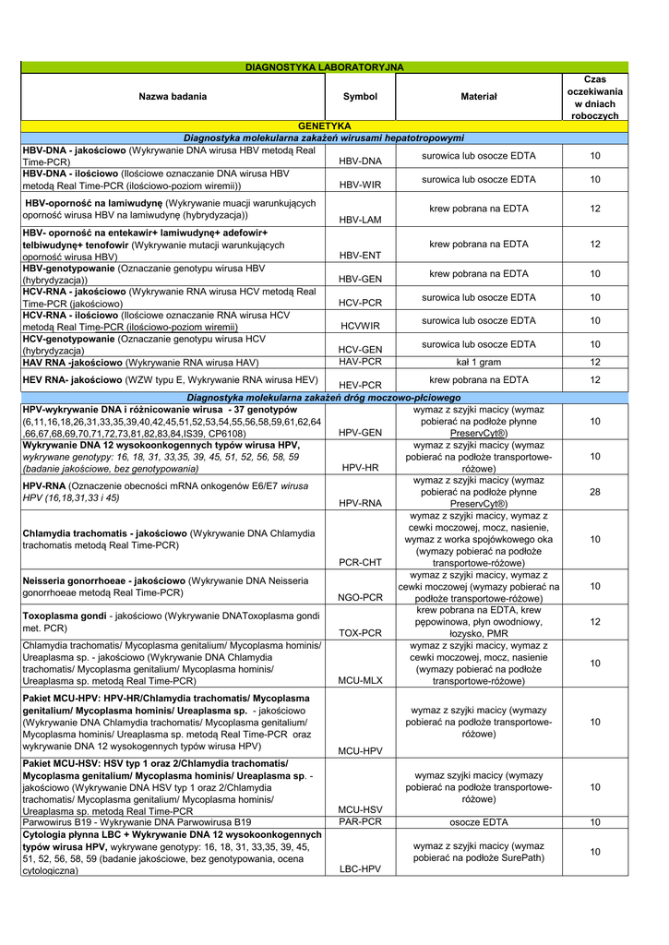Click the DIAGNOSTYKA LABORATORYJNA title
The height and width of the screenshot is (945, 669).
coord(324,67)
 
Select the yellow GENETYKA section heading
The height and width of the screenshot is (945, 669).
coord(324,126)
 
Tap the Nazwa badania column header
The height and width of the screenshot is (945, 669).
coord(173,96)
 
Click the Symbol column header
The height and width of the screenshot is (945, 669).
coord(360,96)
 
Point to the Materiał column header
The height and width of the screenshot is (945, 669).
coord(478,96)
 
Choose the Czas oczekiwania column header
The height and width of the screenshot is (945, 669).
coord(595,96)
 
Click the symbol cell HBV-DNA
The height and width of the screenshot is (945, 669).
coord(360,161)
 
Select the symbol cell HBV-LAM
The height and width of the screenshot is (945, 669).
coord(360,221)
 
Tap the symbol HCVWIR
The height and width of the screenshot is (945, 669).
coord(360,326)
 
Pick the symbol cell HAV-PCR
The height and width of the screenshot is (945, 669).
coord(360,362)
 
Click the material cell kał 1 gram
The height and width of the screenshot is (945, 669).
coord(478,362)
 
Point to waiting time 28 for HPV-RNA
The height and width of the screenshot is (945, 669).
coord(595,492)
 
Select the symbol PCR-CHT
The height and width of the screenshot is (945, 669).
coord(360,562)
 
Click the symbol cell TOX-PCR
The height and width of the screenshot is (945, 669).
coord(360,633)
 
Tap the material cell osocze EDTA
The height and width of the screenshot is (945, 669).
coord(478,822)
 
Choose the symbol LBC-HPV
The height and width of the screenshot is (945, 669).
coord(360,869)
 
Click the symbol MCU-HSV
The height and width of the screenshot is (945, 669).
coord(360,809)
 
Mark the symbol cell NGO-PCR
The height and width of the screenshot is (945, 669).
coord(360,598)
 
